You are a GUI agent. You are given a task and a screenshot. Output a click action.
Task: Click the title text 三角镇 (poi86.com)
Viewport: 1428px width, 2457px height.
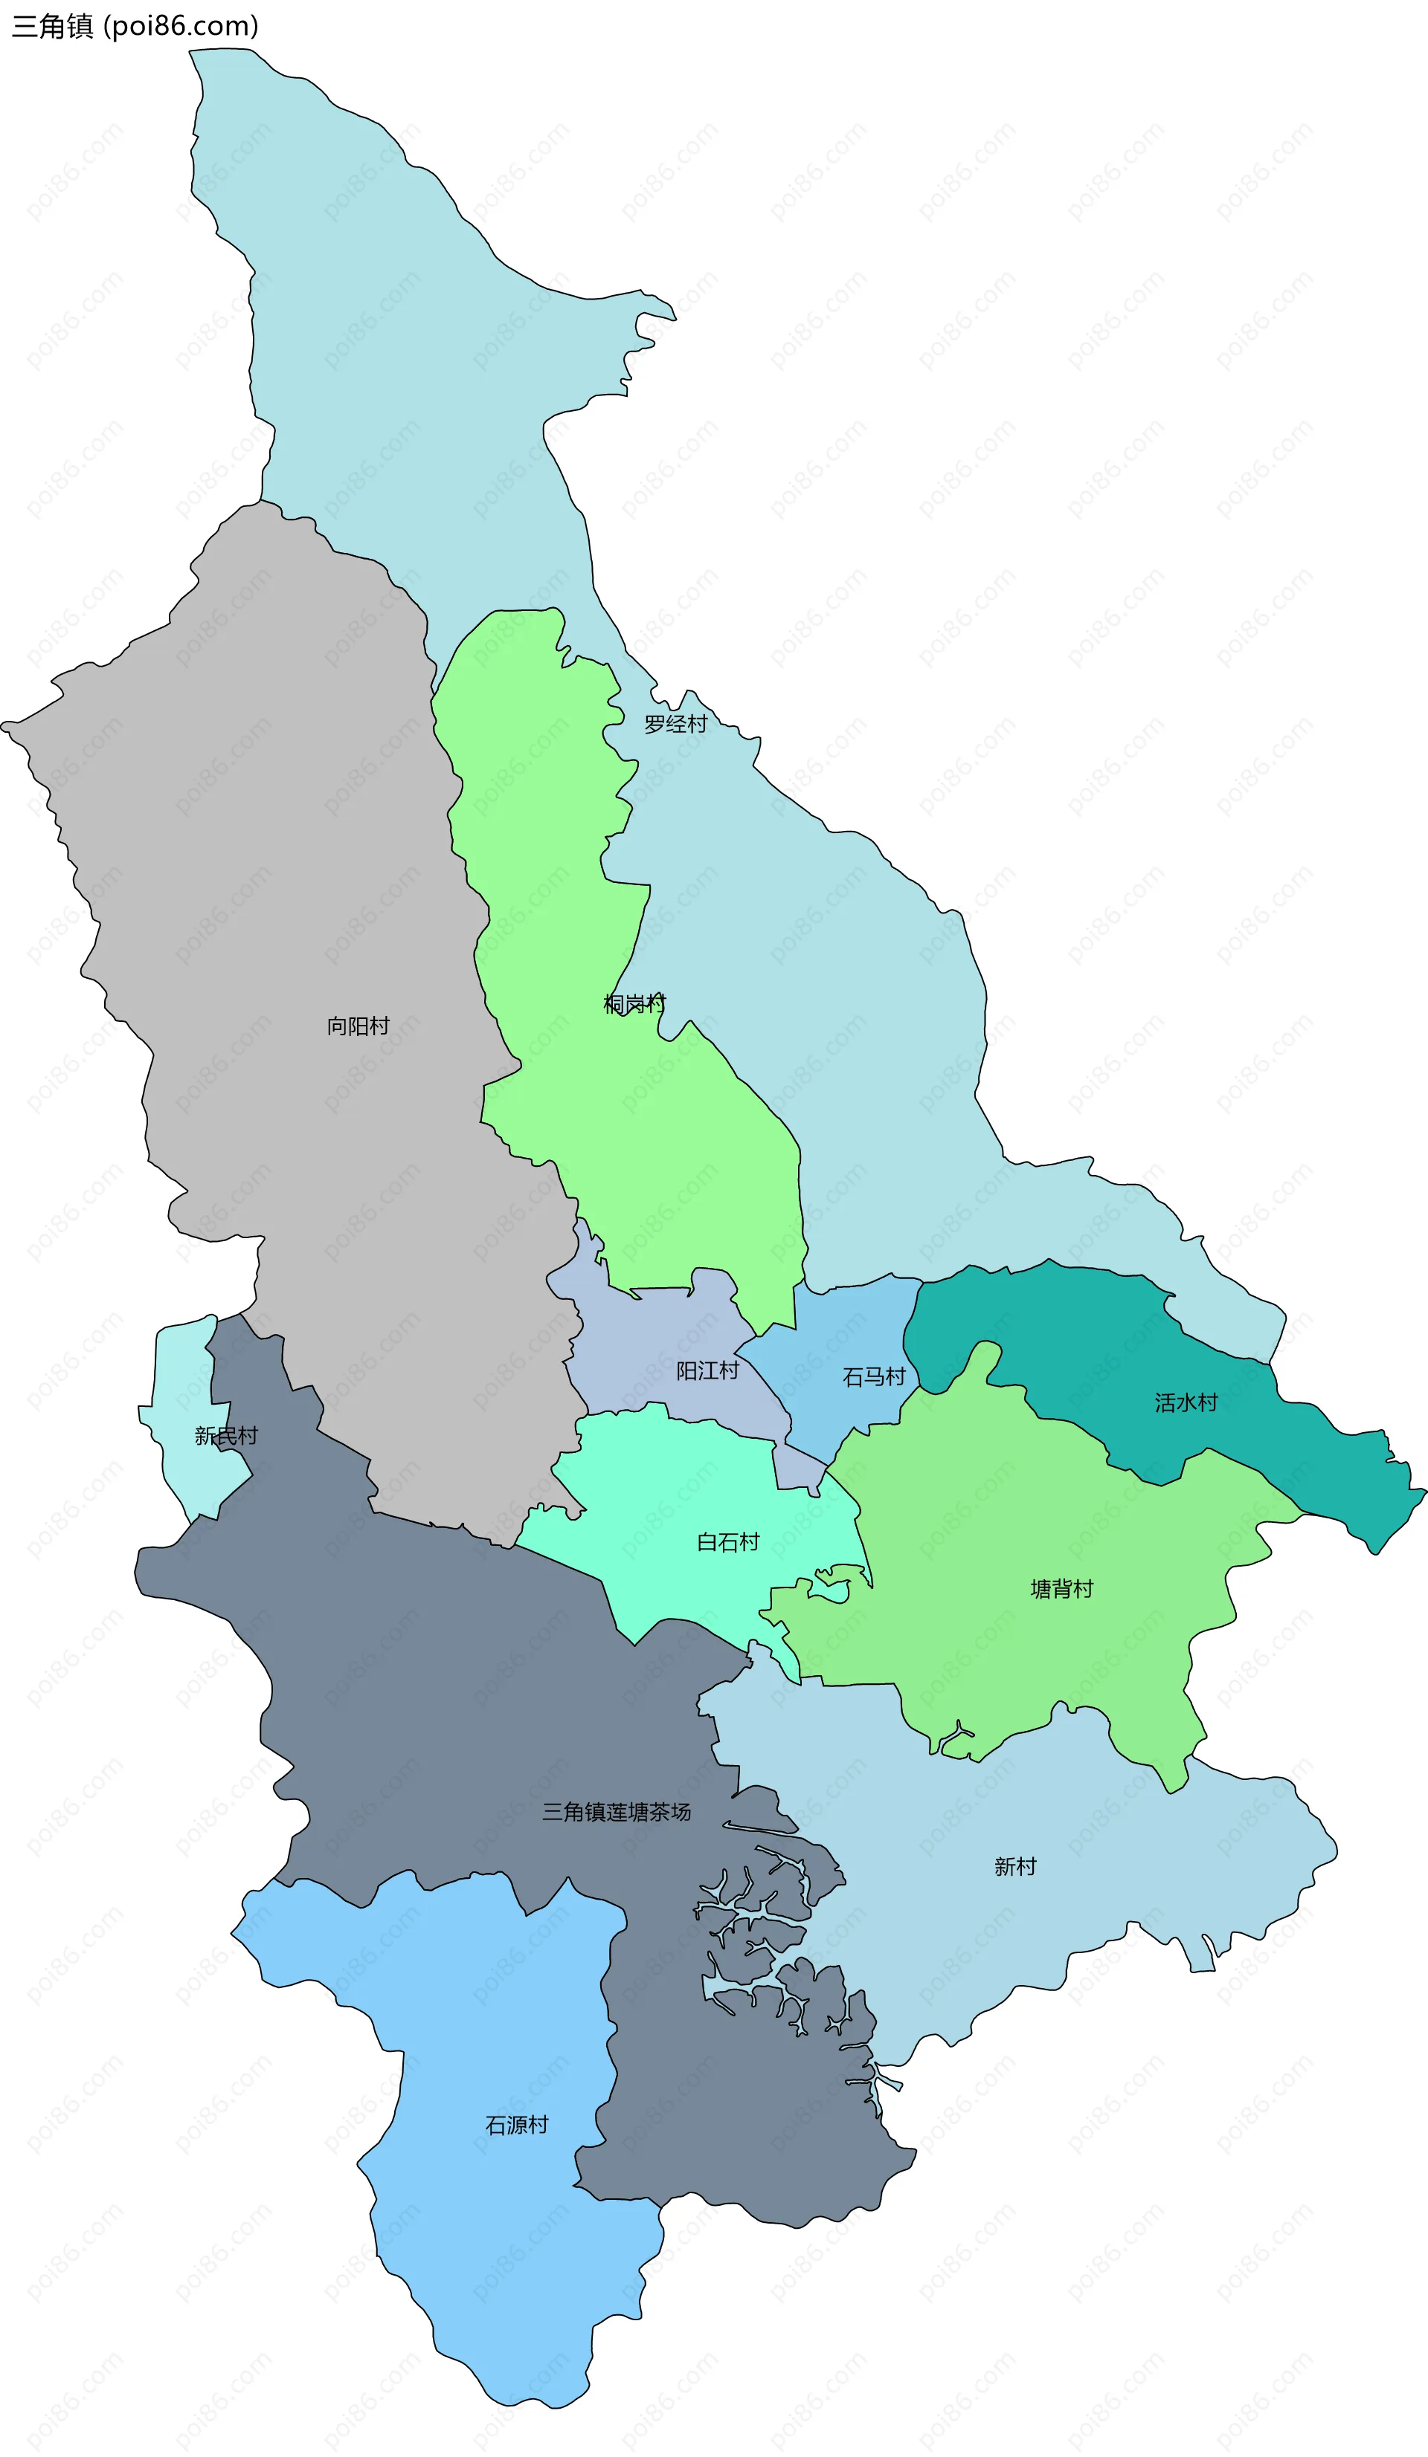click(135, 25)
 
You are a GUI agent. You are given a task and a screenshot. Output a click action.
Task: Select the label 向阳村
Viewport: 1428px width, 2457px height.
click(358, 1026)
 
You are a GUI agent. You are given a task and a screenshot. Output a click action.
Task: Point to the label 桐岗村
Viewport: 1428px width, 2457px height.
click(634, 1003)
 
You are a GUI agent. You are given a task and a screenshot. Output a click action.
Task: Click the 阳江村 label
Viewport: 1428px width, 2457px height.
click(707, 1371)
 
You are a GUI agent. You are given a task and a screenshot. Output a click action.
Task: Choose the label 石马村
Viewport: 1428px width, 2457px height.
click(874, 1376)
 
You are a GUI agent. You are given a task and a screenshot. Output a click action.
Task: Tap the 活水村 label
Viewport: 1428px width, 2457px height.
click(1186, 1402)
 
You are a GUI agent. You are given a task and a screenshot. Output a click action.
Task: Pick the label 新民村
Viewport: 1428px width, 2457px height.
click(226, 1435)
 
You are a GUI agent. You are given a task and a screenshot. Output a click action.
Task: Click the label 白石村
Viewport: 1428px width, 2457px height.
click(727, 1541)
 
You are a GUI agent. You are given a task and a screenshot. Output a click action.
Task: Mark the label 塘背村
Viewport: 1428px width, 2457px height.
click(1062, 1589)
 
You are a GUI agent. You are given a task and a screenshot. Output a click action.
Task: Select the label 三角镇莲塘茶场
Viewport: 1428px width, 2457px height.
click(617, 1812)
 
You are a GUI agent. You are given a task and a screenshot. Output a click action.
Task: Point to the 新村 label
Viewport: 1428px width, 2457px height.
click(1014, 1866)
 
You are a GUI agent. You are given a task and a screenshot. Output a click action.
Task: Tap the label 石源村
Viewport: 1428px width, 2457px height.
click(517, 2125)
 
